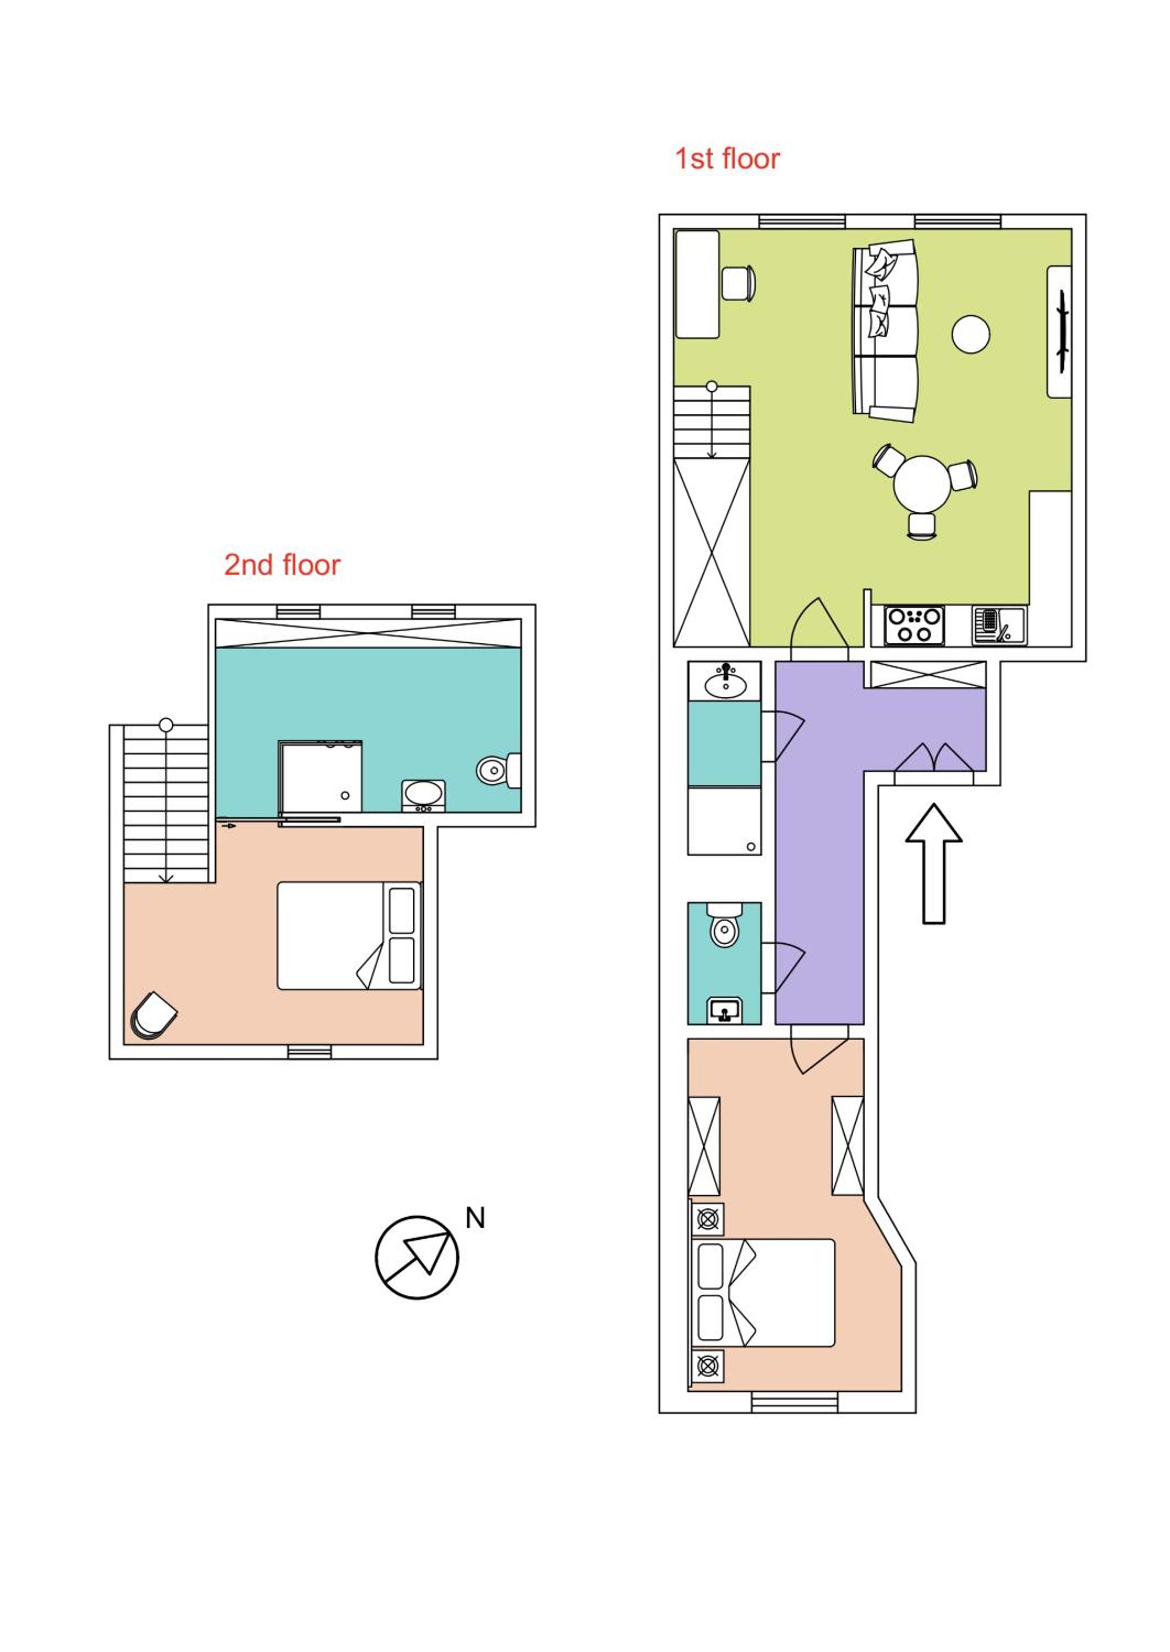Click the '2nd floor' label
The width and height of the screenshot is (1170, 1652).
click(x=282, y=565)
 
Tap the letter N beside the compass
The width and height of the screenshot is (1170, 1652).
click(x=475, y=1218)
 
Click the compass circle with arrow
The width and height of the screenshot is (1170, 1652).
click(x=417, y=1257)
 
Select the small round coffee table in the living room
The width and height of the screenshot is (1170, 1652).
click(x=971, y=334)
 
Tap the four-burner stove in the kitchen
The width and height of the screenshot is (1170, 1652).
click(x=914, y=625)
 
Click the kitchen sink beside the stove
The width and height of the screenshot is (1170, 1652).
click(x=998, y=625)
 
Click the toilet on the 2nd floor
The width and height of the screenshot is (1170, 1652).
click(x=499, y=770)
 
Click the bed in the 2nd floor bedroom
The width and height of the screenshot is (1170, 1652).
click(x=350, y=936)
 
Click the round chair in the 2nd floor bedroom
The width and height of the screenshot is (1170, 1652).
click(x=154, y=1016)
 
